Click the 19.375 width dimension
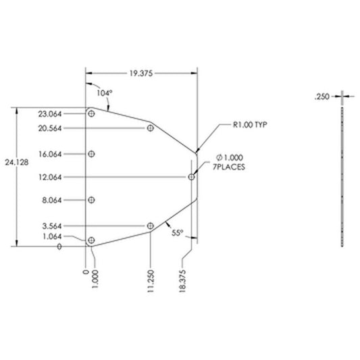(141, 74)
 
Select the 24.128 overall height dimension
(17, 162)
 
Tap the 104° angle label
(105, 93)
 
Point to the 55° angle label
(178, 233)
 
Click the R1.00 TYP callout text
(250, 125)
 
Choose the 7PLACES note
(229, 167)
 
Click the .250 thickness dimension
(322, 97)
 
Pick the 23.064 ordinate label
(50, 114)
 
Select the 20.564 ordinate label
(50, 128)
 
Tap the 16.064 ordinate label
(50, 154)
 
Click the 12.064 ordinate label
(50, 177)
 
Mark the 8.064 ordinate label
(52, 200)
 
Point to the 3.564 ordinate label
(52, 226)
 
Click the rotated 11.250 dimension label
(151, 281)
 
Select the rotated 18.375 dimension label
(182, 281)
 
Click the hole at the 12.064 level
(191, 177)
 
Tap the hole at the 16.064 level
(91, 154)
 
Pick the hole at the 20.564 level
(150, 128)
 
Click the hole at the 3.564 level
(150, 226)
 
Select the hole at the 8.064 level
(91, 200)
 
